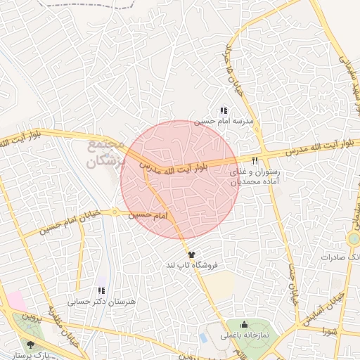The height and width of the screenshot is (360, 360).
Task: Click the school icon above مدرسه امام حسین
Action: click(224, 110)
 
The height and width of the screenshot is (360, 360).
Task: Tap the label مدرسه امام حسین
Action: click(223, 121)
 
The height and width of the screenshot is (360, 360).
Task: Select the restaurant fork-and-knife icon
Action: click(255, 160)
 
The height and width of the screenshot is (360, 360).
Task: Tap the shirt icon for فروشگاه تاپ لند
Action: click(191, 254)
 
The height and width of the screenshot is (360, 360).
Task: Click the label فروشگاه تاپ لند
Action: click(191, 265)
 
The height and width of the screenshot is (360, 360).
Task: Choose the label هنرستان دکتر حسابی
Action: click(101, 302)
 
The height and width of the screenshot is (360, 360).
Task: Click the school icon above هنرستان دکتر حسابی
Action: click(101, 290)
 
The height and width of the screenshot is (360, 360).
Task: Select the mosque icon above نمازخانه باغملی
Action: click(244, 324)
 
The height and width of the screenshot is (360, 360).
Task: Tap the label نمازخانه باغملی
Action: click(243, 335)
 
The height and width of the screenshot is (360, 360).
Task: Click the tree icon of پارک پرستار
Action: click(30, 344)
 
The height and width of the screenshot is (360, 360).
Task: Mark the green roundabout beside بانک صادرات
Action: click(354, 240)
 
